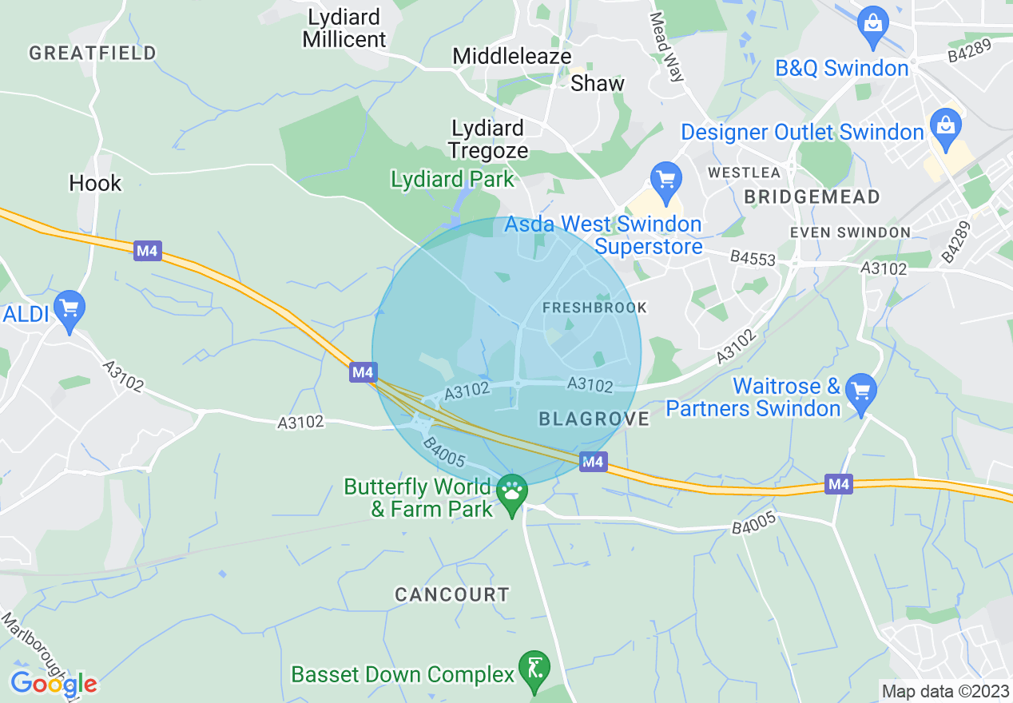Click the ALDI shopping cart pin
pos(69,308)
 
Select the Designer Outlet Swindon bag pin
pos(945,128)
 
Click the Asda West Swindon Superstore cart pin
pos(665,181)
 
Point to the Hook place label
pos(95,184)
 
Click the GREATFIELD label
pos(93,54)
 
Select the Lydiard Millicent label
pos(344,28)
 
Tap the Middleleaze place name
pos(512,57)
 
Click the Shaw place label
pos(598,83)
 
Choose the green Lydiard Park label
pos(453,179)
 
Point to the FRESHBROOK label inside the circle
pos(594,308)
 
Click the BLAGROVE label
pos(594,419)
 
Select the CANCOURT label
pos(452,594)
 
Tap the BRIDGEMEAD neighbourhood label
pos(812,197)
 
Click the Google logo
pos(54,684)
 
